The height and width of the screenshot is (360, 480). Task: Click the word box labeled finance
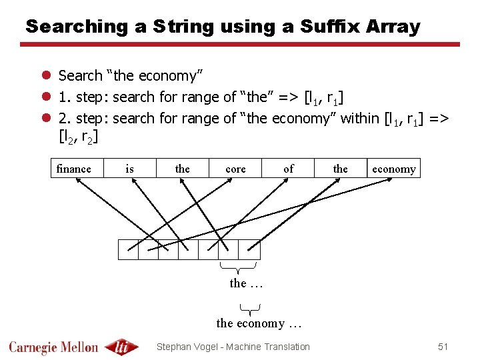click(x=74, y=169)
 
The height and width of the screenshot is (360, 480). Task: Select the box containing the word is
click(x=129, y=169)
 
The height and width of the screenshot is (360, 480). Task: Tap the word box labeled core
click(x=235, y=169)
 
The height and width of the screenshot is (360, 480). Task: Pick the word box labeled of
click(x=288, y=169)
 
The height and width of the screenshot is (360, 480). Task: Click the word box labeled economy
click(x=393, y=169)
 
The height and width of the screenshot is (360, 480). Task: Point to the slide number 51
click(x=443, y=347)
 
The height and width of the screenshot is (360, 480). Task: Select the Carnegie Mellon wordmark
click(x=53, y=347)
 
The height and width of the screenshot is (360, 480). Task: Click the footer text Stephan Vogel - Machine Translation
click(x=233, y=347)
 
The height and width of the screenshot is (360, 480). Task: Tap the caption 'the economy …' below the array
click(x=259, y=324)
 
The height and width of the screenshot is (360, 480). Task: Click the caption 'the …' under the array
click(x=246, y=283)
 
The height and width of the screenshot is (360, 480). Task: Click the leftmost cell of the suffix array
click(x=128, y=249)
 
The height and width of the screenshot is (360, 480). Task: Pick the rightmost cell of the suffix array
click(x=249, y=249)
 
